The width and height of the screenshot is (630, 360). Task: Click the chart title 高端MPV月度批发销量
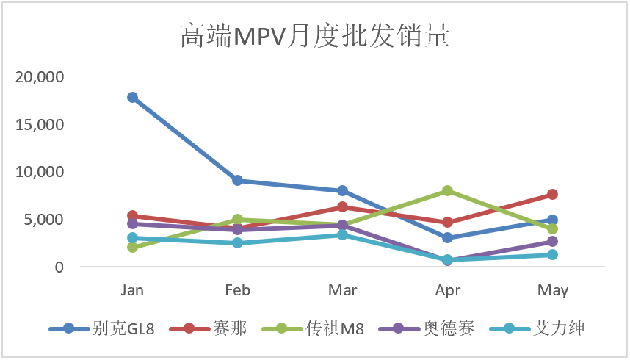314,36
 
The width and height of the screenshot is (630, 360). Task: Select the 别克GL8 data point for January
132,97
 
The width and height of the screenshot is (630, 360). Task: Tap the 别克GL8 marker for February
237,181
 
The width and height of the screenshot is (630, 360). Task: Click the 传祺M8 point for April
448,190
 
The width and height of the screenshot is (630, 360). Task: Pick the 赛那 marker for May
553,195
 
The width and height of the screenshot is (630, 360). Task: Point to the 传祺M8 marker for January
132,248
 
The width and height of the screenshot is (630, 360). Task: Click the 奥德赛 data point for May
553,242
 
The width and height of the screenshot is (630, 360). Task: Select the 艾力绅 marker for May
553,255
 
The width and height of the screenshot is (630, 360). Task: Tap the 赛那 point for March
343,207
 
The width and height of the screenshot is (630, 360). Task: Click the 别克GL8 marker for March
343,191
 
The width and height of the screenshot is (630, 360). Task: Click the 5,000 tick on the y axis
45,220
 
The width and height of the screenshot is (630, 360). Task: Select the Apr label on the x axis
448,291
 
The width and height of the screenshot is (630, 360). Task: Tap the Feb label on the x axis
237,291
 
